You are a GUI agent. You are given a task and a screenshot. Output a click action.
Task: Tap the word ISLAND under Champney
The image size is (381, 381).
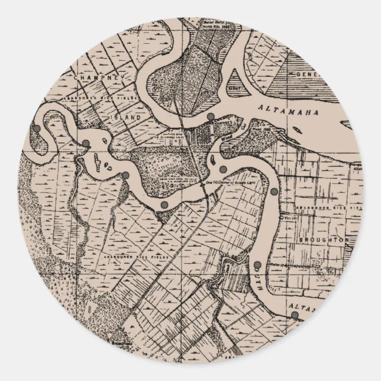pyautogui.click(x=127, y=118)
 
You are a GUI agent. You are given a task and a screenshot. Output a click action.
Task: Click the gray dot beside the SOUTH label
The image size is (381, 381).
pyautogui.click(x=258, y=264)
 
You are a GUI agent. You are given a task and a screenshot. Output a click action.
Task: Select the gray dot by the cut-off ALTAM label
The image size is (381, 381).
pyautogui.click(x=294, y=315)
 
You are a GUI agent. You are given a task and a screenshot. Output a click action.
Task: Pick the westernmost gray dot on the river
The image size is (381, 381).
pyautogui.click(x=37, y=128)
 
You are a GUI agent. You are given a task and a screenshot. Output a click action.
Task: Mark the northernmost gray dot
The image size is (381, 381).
pyautogui.click(x=210, y=117)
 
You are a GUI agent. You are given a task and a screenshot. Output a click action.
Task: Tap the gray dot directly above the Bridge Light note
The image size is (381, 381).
pyautogui.click(x=222, y=170)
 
